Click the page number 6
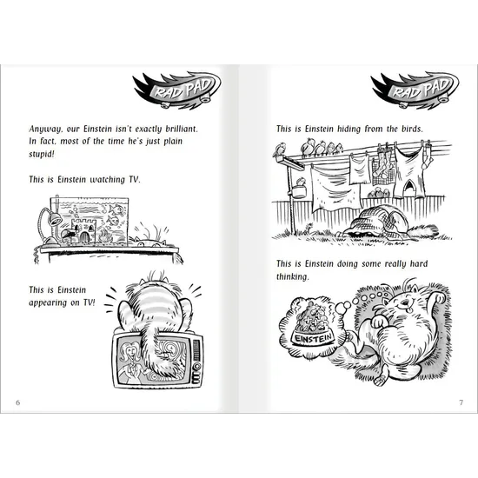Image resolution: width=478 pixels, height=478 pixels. (x=18, y=402)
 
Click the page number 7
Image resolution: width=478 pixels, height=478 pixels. (x=461, y=402)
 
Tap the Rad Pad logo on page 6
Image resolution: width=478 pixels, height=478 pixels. (x=176, y=90)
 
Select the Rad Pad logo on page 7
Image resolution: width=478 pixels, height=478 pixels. (x=415, y=90)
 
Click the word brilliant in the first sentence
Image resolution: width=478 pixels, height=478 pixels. (x=182, y=129)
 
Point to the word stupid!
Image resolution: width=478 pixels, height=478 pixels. (x=42, y=154)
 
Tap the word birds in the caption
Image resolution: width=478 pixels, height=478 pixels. (x=412, y=129)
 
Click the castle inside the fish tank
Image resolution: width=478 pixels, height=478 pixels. (x=83, y=230)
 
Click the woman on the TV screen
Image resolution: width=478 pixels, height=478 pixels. (x=130, y=362)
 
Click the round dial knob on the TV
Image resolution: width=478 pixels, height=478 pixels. (x=196, y=366)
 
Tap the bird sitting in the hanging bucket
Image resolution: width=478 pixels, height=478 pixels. (x=301, y=183)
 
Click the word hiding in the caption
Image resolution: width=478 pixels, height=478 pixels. (x=349, y=129)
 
